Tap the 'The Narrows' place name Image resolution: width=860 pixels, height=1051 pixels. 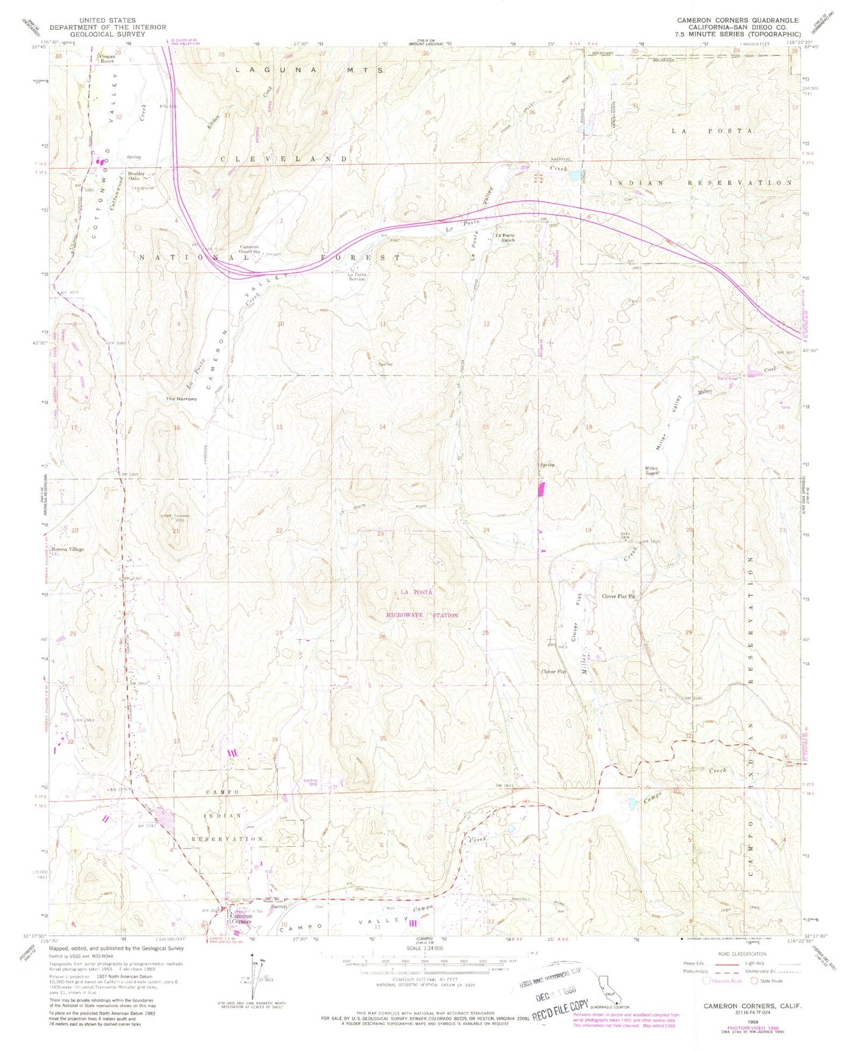point(181,399)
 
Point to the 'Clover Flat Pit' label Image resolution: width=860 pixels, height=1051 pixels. point(618,596)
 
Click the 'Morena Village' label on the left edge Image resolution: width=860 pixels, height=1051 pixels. point(67,549)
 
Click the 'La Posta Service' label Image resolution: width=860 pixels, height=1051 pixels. point(356,277)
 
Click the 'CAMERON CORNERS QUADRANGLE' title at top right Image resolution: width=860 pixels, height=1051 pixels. point(737,20)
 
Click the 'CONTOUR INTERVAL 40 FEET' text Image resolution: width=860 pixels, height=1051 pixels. point(420,979)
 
